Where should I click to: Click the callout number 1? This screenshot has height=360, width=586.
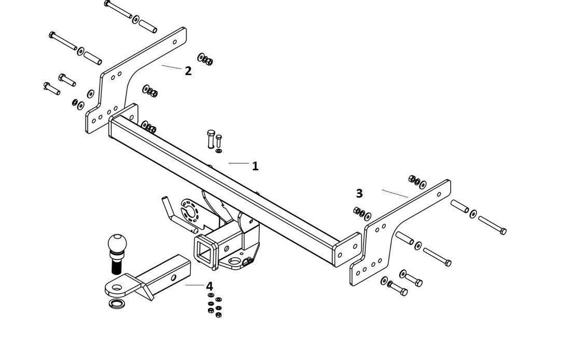coord(255,166)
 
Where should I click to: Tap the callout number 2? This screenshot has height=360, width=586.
coord(188,71)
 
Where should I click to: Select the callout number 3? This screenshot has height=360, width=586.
coord(359,193)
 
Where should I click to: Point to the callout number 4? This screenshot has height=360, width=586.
coord(210,286)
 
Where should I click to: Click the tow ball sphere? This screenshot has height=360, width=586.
coord(117,243)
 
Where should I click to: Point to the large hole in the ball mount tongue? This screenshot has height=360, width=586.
coord(117,288)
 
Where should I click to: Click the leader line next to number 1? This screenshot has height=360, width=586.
coord(239,163)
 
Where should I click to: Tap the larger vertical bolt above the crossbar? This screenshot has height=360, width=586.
coord(211,139)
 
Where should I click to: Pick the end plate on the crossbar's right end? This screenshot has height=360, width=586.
coord(347,250)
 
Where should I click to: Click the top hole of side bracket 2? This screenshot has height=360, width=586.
coord(175,42)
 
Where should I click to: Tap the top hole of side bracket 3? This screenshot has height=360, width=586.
coord(439,195)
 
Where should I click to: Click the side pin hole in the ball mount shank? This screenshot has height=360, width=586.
coord(173,278)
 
